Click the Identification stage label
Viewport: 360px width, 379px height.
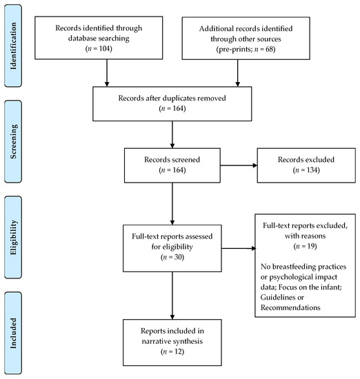(13, 46)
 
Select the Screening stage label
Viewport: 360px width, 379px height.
(13, 142)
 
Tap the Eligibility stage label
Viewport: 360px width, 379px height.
(13, 237)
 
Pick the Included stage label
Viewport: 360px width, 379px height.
(13, 333)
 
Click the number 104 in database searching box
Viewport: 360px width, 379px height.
(105, 49)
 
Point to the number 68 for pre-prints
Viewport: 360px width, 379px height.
(269, 50)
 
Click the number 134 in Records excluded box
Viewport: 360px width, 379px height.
(312, 170)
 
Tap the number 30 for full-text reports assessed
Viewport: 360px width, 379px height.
(178, 257)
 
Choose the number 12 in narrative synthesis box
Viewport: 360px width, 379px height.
(178, 351)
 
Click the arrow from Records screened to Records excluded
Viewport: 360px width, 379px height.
(239, 165)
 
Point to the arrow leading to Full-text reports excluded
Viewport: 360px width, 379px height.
(239, 248)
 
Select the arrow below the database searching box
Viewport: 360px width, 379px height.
(107, 73)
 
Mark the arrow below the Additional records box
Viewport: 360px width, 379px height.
(237, 73)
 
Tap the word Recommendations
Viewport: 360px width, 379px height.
(290, 307)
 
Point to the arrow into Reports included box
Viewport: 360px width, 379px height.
(172, 296)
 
